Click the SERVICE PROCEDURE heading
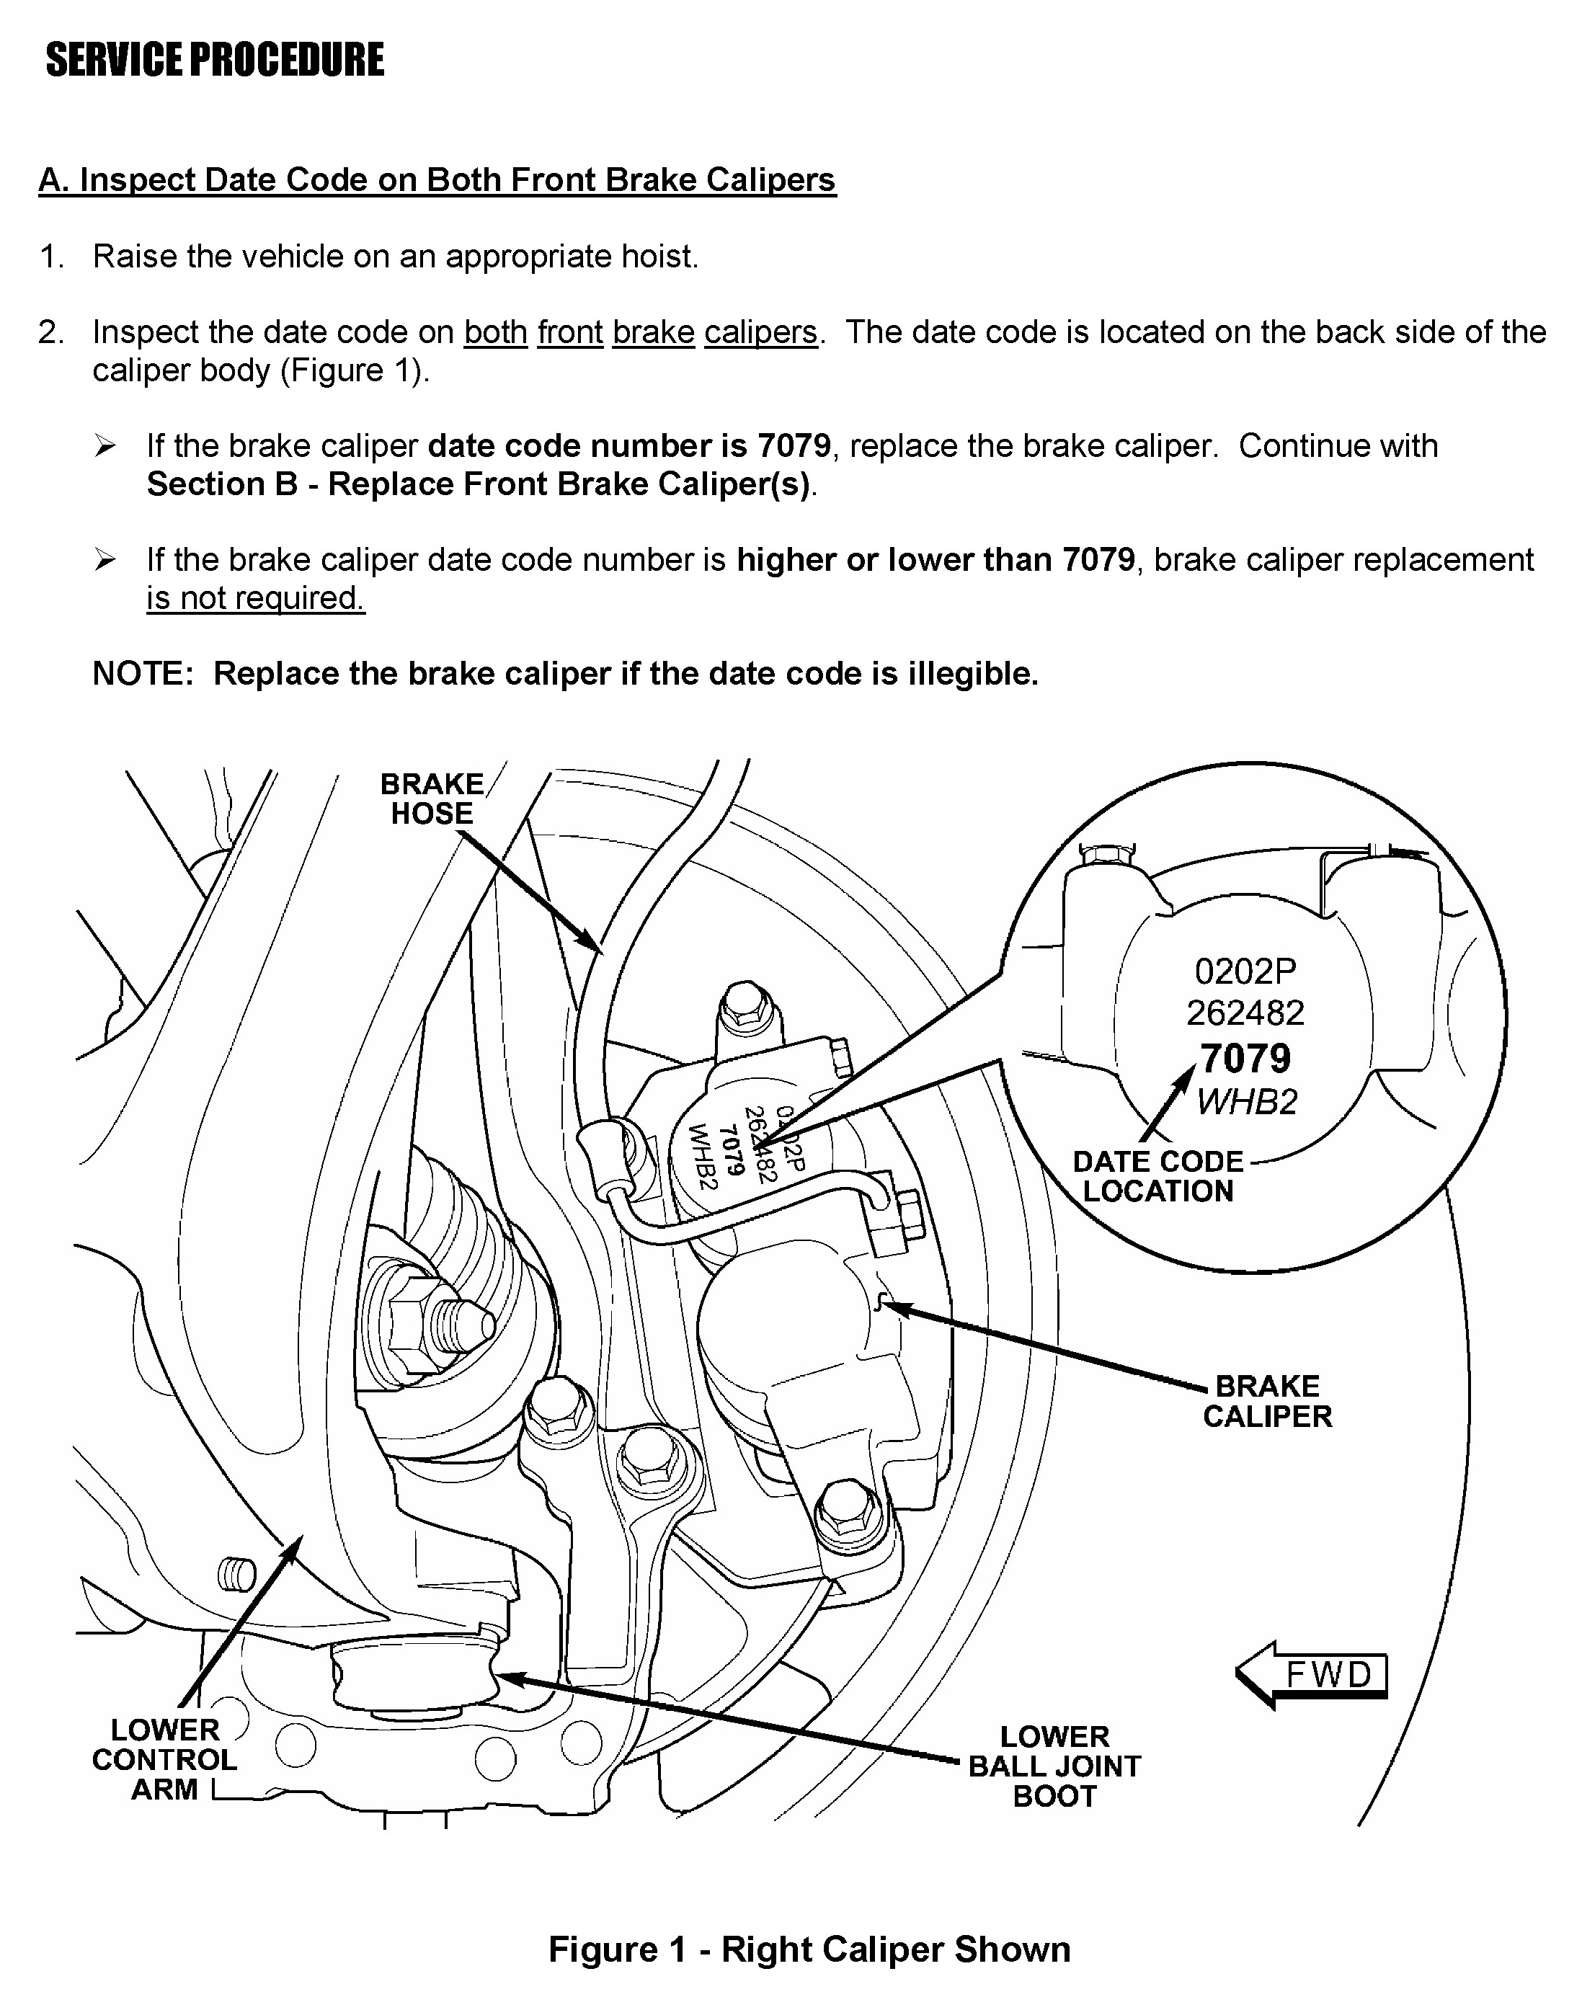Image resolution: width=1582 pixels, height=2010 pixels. coord(214,61)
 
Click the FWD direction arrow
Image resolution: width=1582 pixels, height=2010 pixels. coord(1312,1675)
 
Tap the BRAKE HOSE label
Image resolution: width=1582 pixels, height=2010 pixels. coord(432,799)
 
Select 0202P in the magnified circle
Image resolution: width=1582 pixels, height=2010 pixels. coord(1245,971)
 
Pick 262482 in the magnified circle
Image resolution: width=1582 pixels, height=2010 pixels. coord(1245,1013)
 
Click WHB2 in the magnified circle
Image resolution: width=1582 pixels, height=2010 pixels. coord(1247,1102)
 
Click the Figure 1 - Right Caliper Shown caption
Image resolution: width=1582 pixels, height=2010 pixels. coord(809,1949)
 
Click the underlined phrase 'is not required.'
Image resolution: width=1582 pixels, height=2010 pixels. coord(256,598)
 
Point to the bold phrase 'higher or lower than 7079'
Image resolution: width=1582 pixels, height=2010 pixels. coord(936,559)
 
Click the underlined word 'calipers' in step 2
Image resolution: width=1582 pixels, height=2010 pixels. coord(760,332)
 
